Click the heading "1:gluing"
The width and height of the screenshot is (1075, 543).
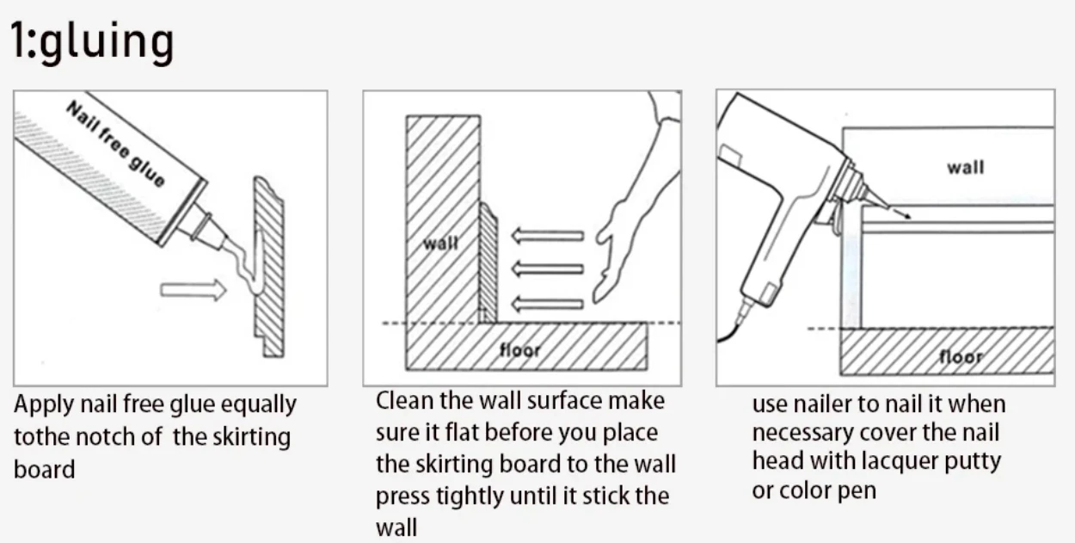tap(92, 41)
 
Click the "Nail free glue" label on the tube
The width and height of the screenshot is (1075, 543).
tap(115, 144)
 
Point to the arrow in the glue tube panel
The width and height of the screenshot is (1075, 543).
tap(193, 290)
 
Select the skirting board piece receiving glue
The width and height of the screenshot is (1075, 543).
tap(269, 267)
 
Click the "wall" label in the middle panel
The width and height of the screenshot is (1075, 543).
tap(440, 244)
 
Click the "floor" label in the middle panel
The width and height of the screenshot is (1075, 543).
tap(519, 350)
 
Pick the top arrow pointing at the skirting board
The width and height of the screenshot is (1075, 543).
tap(547, 236)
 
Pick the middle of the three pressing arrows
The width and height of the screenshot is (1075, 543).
tap(547, 268)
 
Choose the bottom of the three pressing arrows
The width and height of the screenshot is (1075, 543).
tap(547, 305)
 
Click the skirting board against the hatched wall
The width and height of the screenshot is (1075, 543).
tap(488, 263)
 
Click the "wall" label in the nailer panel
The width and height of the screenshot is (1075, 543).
tap(965, 168)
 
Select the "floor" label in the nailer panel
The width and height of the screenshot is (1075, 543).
tap(961, 357)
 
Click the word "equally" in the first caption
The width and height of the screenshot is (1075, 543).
tap(258, 405)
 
